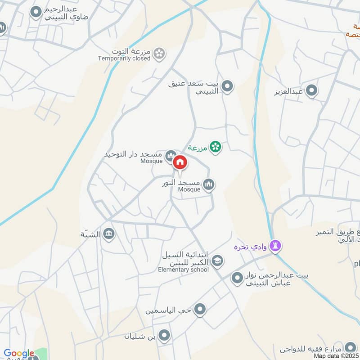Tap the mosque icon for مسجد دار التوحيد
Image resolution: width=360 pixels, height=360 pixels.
[170, 156]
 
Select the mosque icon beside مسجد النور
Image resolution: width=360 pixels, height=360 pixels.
[208, 184]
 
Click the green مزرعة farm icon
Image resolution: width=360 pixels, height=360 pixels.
[216, 147]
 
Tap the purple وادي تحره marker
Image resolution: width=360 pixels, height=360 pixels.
[276, 246]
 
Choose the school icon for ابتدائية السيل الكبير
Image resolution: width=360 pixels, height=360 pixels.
[217, 260]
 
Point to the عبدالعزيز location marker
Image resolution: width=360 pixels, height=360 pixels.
[311, 91]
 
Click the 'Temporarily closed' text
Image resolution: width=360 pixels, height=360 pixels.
[124, 58]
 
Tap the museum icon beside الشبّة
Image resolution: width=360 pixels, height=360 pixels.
[108, 234]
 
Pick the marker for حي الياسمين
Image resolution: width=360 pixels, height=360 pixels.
[200, 310]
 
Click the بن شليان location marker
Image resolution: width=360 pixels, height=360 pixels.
[165, 335]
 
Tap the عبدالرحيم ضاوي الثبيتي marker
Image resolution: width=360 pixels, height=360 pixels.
[36, 13]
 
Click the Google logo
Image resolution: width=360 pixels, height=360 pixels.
[19, 354]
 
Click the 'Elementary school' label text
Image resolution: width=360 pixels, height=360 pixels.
[183, 270]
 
